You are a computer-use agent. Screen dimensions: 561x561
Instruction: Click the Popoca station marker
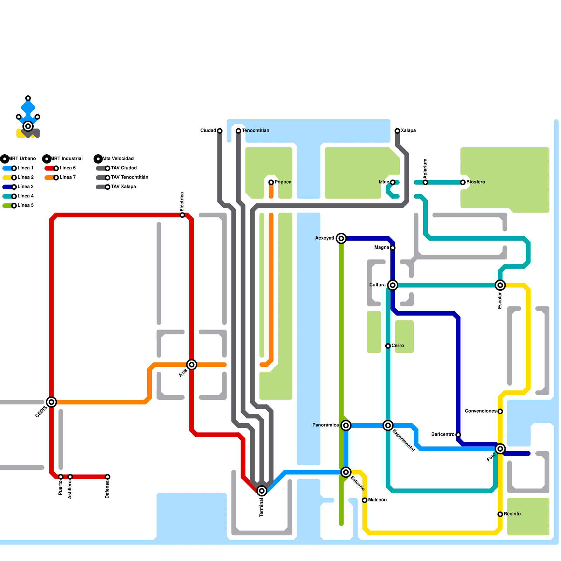click(271, 182)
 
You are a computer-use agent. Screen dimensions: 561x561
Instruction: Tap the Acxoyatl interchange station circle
click(341, 238)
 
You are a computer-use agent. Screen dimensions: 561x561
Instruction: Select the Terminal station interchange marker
click(262, 491)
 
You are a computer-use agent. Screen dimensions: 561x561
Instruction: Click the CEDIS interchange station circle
click(52, 402)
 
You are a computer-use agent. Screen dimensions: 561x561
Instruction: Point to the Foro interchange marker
click(500, 449)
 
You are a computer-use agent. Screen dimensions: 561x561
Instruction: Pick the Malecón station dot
click(365, 500)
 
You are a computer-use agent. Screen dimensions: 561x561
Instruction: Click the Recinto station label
click(512, 514)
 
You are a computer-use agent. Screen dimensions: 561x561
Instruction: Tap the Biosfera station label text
click(476, 182)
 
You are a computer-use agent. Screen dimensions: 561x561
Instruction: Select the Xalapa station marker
click(397, 131)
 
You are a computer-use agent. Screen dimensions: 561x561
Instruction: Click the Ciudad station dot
click(220, 131)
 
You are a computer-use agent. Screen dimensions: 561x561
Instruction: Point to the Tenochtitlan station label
click(256, 131)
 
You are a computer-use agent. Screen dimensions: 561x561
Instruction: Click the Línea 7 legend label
click(68, 177)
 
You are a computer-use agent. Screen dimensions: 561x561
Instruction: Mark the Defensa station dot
click(108, 477)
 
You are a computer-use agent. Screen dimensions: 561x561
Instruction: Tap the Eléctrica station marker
click(182, 215)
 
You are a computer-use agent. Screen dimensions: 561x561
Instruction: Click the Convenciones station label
click(481, 411)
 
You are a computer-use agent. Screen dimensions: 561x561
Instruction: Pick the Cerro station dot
click(388, 346)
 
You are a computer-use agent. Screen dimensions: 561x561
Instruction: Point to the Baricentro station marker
click(458, 435)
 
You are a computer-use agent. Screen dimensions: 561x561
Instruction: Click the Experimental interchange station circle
click(388, 425)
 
